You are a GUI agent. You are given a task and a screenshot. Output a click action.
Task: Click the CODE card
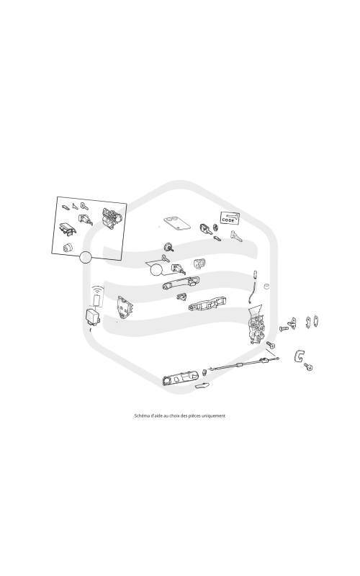pyautogui.click(x=230, y=218)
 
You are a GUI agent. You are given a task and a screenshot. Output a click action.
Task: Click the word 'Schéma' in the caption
pyautogui.click(x=141, y=416)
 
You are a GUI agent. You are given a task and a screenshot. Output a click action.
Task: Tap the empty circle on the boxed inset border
pyautogui.click(x=85, y=257)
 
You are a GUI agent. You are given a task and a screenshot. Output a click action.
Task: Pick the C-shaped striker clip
pyautogui.click(x=299, y=356)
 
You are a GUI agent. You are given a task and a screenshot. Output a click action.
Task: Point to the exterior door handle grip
pyautogui.click(x=181, y=284)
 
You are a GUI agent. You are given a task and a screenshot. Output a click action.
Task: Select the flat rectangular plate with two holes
pyautogui.click(x=176, y=222)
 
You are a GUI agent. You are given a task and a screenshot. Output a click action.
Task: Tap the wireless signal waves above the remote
pyautogui.click(x=97, y=289)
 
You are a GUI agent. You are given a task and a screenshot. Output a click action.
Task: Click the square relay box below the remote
pyautogui.click(x=93, y=316)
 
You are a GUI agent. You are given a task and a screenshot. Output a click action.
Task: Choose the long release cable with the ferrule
pyautogui.click(x=243, y=364)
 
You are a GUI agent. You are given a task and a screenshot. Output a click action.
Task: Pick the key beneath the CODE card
pyautogui.click(x=236, y=236)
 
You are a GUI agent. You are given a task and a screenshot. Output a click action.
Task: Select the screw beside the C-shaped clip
pyautogui.click(x=308, y=366)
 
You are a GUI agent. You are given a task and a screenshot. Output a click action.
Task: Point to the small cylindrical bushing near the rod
pyautogui.click(x=266, y=286)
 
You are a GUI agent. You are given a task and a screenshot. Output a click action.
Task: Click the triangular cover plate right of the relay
pyautogui.click(x=124, y=307)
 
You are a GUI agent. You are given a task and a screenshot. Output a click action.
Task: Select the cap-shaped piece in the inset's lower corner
pyautogui.click(x=67, y=247)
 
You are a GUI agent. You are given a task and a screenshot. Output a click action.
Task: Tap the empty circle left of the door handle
pyautogui.click(x=156, y=271)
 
